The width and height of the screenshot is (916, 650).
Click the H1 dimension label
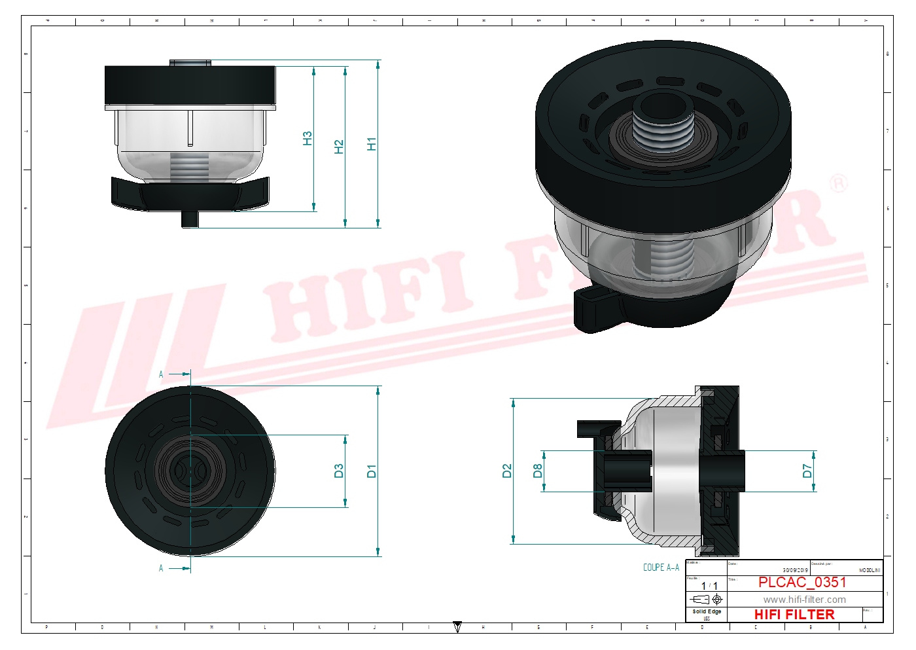point(372,144)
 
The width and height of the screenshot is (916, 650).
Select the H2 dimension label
point(339,147)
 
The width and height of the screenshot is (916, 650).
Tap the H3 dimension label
point(308,139)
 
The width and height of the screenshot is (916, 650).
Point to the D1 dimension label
point(372,471)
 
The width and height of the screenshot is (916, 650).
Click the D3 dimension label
point(339,471)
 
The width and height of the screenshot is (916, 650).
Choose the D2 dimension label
point(507,471)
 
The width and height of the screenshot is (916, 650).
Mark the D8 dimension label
point(538,471)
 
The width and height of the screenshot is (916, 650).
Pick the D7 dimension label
point(807,471)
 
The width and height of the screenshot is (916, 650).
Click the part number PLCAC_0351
point(802,582)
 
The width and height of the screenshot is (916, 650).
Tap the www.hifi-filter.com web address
point(804,600)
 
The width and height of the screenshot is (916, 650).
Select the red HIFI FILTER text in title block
point(794,615)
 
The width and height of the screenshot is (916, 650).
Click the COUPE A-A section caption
point(661,568)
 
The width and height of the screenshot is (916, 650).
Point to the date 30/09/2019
point(795,570)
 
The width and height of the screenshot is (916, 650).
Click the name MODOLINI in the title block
point(870,570)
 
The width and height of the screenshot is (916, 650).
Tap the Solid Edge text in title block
point(707,611)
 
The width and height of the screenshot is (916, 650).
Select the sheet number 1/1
point(709,586)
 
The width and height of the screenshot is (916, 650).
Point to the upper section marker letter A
point(161,374)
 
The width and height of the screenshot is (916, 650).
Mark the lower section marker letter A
point(161,568)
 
